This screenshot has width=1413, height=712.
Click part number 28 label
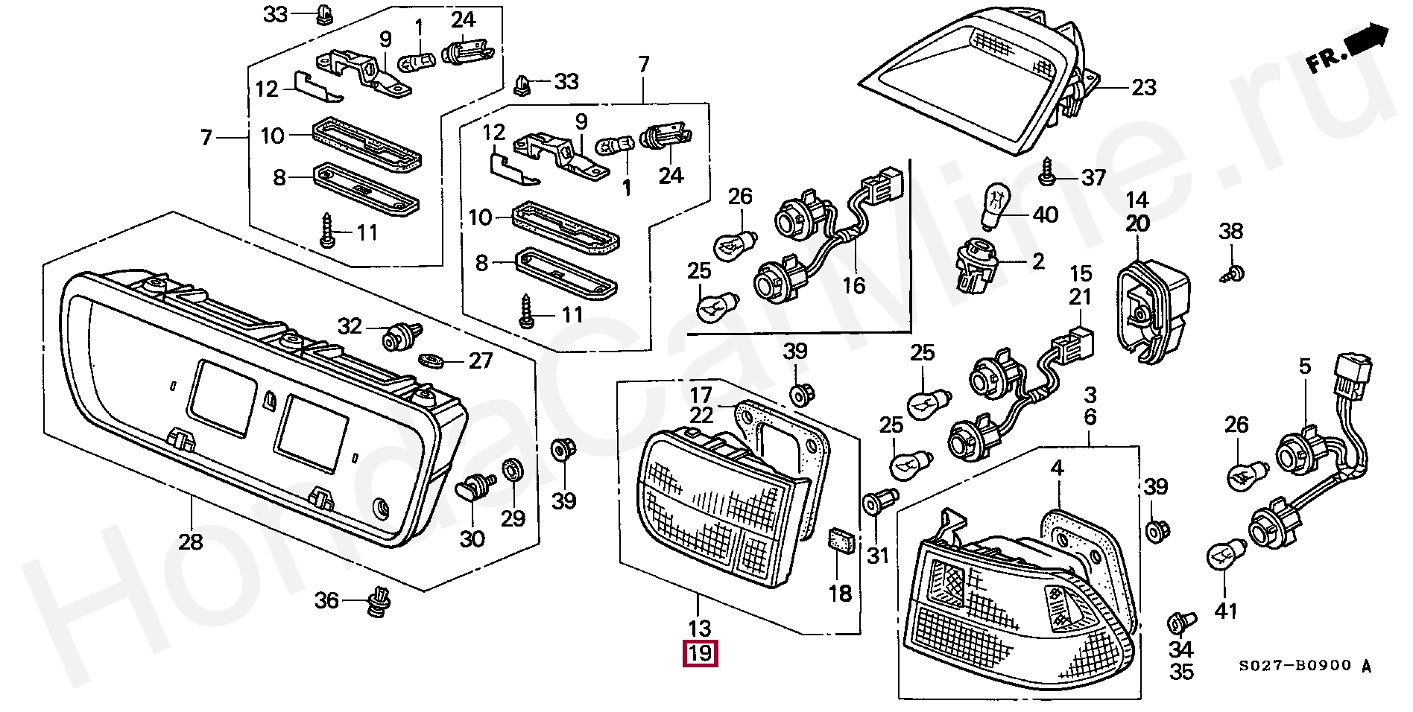pos(191,541)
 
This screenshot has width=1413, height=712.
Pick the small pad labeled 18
pos(841,541)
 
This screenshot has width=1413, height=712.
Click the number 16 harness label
pos(854,285)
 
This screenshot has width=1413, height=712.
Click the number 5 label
pos(1304,366)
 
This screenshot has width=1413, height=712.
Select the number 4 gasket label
pos(1057,468)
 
